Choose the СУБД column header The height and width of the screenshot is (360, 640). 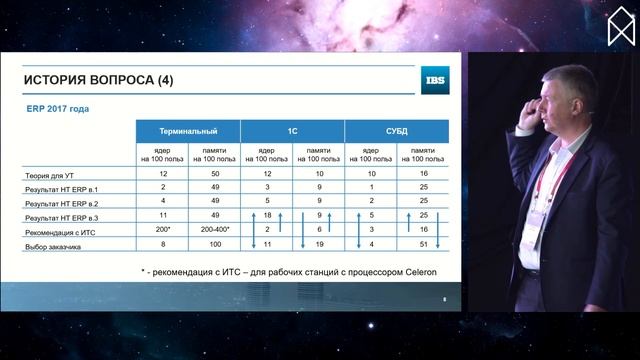pyautogui.click(x=395, y=131)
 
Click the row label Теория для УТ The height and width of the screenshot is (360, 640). pyautogui.click(x=50, y=175)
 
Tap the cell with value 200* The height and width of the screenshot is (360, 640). pyautogui.click(x=162, y=230)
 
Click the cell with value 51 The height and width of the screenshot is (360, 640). pyautogui.click(x=423, y=244)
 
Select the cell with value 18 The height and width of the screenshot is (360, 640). pyautogui.click(x=267, y=215)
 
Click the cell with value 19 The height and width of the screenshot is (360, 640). pyautogui.click(x=319, y=244)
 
